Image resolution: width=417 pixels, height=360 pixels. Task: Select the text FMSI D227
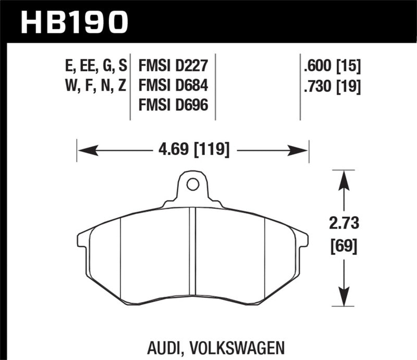click(173, 67)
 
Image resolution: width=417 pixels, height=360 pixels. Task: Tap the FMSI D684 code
click(173, 85)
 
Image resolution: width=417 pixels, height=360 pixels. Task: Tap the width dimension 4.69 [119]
click(193, 151)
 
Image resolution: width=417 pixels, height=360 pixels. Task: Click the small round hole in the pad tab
click(192, 184)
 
